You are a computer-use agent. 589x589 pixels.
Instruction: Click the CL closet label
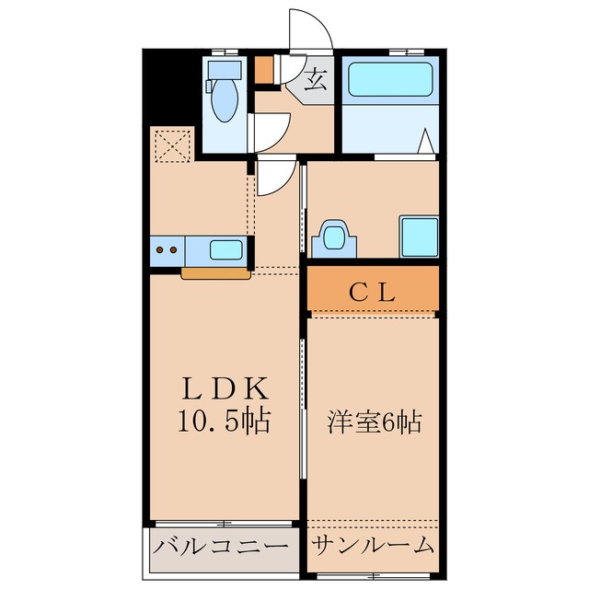pyautogui.click(x=373, y=294)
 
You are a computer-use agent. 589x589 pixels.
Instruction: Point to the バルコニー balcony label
pyautogui.click(x=221, y=546)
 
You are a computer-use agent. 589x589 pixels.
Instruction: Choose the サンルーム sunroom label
pyautogui.click(x=373, y=546)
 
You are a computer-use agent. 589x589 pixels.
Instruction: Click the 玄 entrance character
pyautogui.click(x=315, y=79)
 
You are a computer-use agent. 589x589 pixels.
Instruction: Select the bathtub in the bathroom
pyautogui.click(x=390, y=80)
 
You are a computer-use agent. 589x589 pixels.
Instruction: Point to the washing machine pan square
pyautogui.click(x=418, y=237)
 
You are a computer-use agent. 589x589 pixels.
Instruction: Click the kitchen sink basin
pyautogui.click(x=226, y=249)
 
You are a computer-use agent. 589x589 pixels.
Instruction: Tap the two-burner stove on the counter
pyautogui.click(x=167, y=249)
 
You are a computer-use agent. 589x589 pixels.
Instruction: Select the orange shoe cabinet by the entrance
pyautogui.click(x=264, y=70)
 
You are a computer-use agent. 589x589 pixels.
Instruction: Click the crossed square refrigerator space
pyautogui.click(x=172, y=145)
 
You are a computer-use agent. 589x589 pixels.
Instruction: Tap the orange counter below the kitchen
pyautogui.click(x=216, y=272)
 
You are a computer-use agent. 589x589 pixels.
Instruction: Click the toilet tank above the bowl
pyautogui.click(x=224, y=70)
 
